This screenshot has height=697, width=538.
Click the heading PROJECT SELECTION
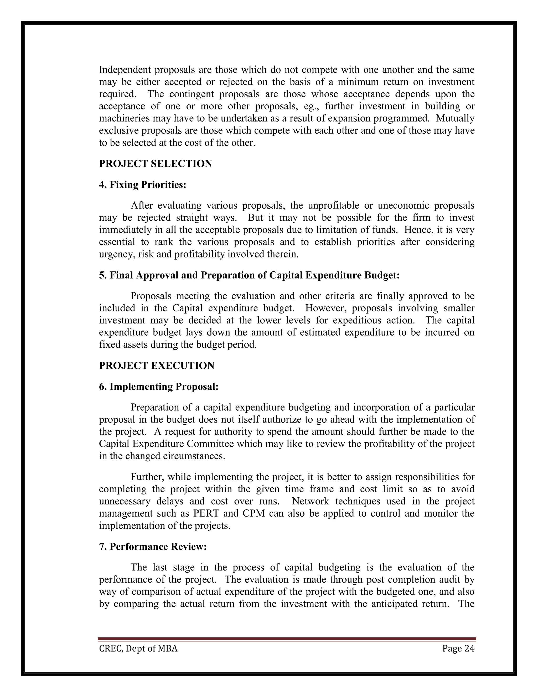[155, 164]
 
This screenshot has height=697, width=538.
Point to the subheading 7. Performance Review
[153, 547]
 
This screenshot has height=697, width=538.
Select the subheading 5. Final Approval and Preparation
[249, 275]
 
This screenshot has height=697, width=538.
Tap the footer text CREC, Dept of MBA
[138, 649]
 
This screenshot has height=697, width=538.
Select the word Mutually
[455, 118]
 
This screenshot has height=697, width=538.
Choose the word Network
[310, 501]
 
